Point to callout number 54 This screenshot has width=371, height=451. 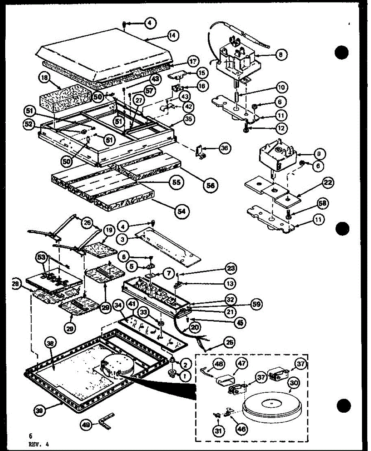(x=182, y=209)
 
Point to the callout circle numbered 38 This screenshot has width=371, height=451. (x=50, y=342)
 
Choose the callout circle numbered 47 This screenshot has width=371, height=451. (x=241, y=364)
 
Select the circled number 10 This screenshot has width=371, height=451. (x=280, y=88)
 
